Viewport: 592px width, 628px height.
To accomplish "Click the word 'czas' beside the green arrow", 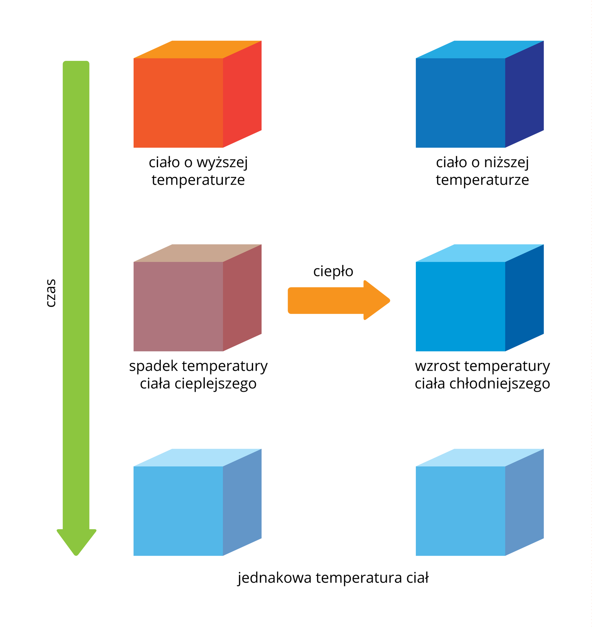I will click(51, 293).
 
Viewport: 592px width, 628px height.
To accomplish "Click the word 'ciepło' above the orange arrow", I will click(333, 271).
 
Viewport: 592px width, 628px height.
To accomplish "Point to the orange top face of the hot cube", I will click(197, 49).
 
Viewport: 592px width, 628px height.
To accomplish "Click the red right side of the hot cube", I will click(242, 94).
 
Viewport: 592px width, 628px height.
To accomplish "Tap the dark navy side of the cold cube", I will click(524, 94).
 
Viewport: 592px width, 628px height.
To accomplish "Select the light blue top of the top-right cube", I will click(479, 49).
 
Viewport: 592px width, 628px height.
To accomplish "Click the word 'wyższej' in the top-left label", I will click(222, 162).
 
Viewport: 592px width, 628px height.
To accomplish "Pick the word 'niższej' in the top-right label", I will click(506, 162).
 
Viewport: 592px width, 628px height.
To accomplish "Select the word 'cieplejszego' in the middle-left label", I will click(215, 383).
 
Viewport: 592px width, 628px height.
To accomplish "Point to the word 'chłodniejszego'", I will click(499, 383).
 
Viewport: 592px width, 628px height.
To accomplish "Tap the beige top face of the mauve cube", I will click(197, 253).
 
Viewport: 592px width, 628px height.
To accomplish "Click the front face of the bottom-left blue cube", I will click(178, 511).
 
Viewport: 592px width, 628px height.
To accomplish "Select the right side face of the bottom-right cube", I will click(524, 502).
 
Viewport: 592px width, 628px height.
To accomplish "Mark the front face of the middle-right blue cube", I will click(460, 306).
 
